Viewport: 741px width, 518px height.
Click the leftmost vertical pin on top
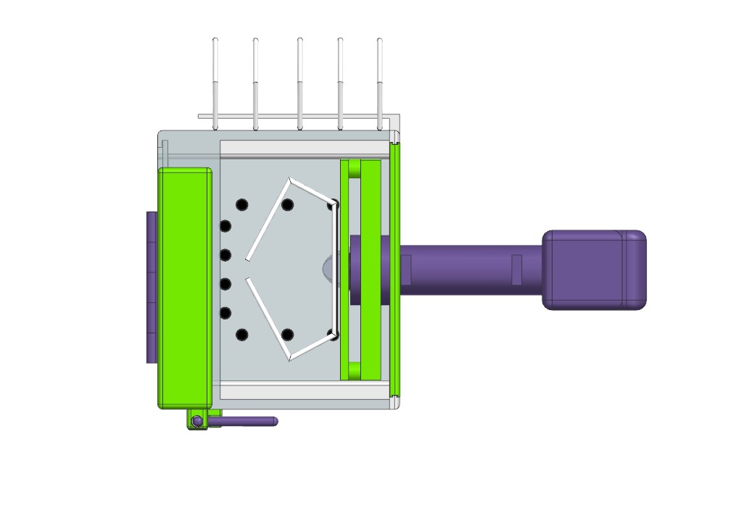click(215, 80)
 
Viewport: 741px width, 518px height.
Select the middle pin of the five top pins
click(299, 80)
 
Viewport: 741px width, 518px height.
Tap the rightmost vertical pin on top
click(379, 80)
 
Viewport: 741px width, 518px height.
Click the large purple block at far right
click(594, 270)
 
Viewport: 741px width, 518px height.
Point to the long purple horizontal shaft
click(471, 270)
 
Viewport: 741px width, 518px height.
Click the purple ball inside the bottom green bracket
click(196, 421)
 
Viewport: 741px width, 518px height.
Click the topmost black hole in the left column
click(241, 204)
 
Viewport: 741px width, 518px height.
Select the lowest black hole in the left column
click(241, 335)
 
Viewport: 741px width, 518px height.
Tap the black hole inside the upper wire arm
click(287, 204)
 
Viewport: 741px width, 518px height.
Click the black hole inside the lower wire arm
click(287, 334)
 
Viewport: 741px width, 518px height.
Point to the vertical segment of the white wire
click(335, 268)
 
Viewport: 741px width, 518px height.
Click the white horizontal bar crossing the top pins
click(297, 116)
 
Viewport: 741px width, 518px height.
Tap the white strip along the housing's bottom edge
click(305, 391)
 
